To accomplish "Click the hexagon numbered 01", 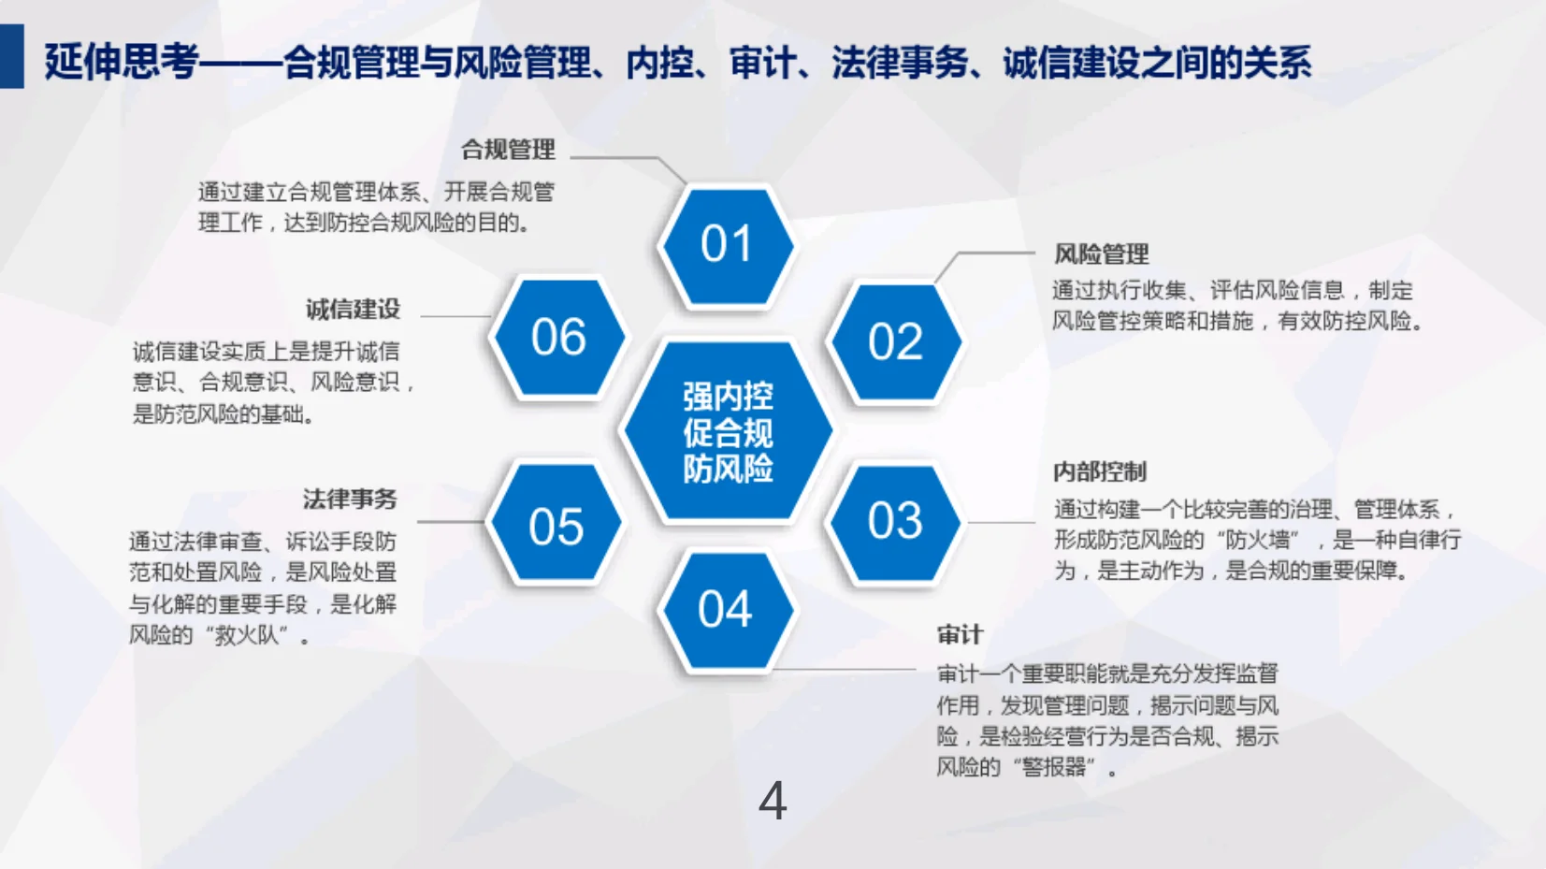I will (726, 245).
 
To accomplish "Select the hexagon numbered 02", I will (895, 342).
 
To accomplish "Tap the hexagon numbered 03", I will (895, 522).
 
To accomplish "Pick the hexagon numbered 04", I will (726, 611).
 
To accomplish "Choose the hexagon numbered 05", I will (556, 527).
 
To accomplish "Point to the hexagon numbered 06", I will (558, 338).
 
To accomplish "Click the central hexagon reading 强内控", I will (728, 431).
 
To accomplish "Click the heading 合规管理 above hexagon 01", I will (508, 150).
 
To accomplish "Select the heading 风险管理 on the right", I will (1101, 254).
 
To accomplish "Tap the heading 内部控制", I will (1099, 471).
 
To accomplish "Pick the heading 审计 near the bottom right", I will (960, 635).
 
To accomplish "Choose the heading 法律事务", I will (350, 500).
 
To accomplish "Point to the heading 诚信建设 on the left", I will (353, 309).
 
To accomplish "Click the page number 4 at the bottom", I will (773, 802).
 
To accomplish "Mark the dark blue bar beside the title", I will (11, 57).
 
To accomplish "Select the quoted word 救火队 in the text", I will (247, 636).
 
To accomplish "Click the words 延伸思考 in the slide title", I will (121, 62).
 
